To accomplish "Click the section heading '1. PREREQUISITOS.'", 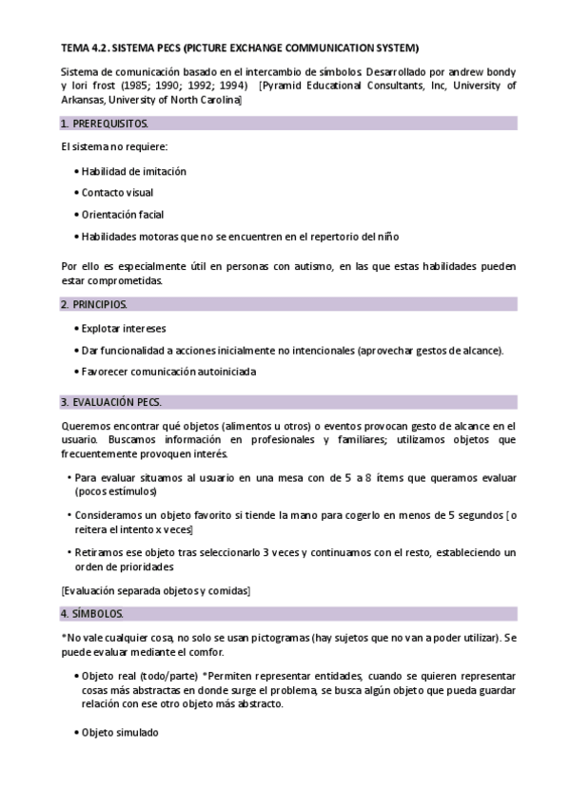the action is click(104, 124).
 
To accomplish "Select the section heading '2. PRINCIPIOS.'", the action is click(92, 304).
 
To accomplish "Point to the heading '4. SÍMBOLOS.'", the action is click(91, 611).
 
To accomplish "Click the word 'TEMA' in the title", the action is click(75, 48).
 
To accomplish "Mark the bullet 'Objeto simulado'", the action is click(120, 733).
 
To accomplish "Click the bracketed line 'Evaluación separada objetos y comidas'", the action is click(155, 590).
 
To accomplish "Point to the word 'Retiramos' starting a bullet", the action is click(100, 551).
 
